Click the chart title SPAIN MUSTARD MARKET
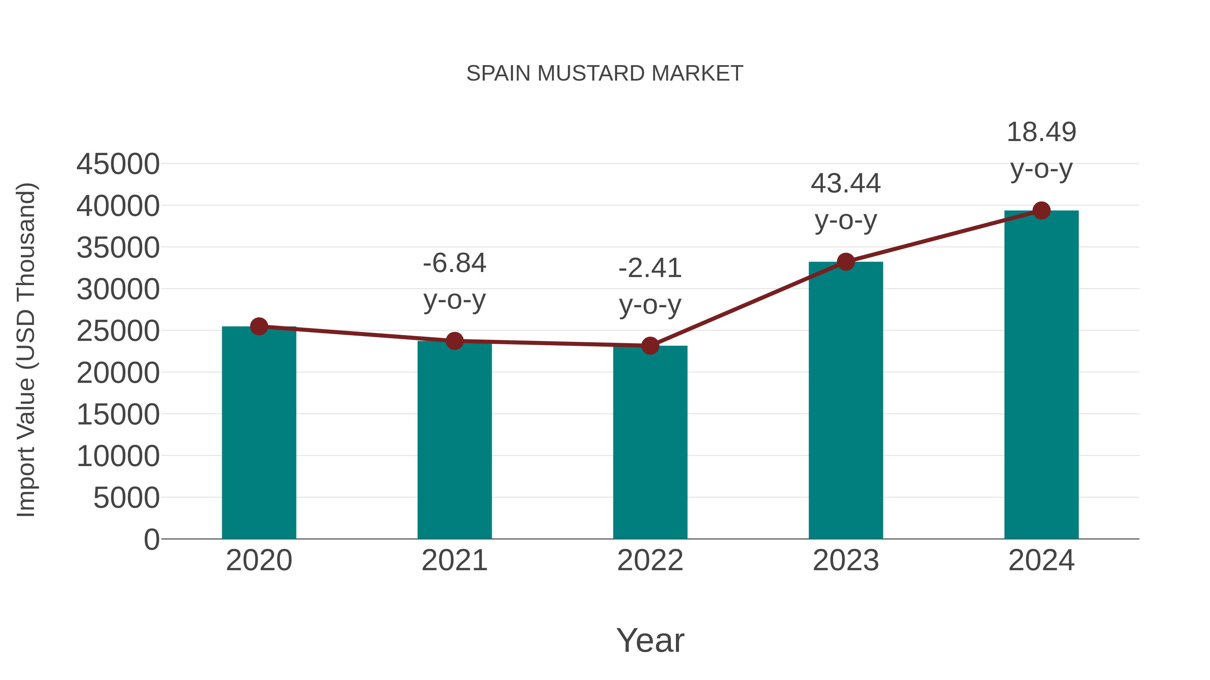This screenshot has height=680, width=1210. [605, 73]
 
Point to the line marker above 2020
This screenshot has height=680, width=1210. [259, 326]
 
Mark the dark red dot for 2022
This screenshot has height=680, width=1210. [650, 346]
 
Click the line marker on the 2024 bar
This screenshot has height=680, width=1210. [1041, 211]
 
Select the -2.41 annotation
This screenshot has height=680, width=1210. [650, 268]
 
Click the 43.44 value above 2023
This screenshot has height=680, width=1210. [846, 183]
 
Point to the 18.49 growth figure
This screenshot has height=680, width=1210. [1041, 132]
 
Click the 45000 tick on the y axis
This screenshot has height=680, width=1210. [118, 164]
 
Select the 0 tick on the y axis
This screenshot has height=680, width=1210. [152, 539]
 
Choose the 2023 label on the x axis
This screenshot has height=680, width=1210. [846, 560]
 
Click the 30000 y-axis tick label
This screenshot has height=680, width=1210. [118, 289]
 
